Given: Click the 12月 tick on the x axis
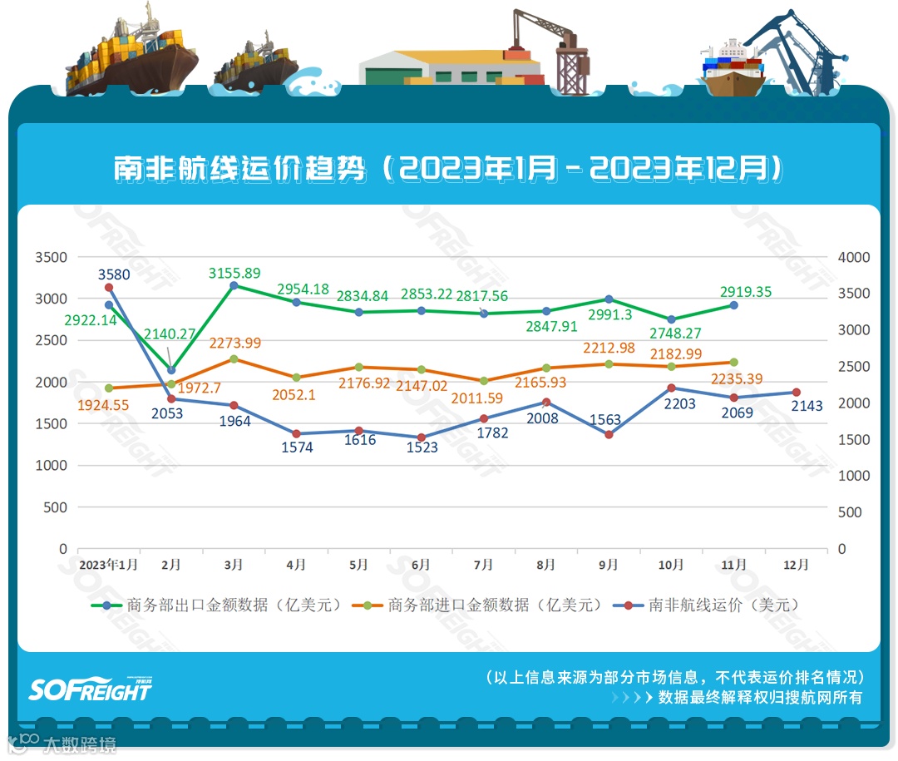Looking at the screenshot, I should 796,565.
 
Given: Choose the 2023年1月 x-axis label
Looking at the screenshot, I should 108,565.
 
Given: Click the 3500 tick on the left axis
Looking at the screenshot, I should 51,258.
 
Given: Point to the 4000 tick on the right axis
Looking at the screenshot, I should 854,258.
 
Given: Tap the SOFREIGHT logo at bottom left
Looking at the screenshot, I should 90,689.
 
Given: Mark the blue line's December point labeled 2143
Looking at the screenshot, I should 796,393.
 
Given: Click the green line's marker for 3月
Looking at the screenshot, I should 234,285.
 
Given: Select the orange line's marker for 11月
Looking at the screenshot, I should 733,362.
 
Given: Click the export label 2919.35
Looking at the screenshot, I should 747,292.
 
